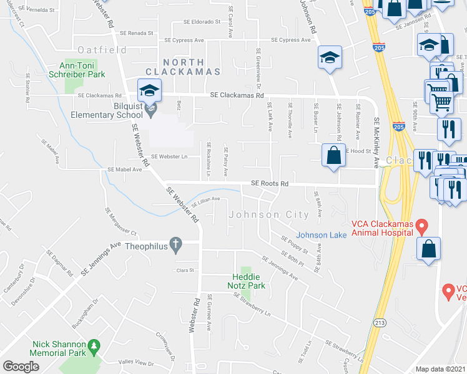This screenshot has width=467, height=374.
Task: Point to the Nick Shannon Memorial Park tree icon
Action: [x=94, y=345]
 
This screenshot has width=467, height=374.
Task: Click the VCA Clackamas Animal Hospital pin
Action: [x=423, y=224]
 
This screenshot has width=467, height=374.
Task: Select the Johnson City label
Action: [x=269, y=215]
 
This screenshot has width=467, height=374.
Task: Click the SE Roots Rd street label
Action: [x=270, y=184]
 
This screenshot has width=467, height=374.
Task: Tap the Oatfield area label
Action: [x=102, y=50]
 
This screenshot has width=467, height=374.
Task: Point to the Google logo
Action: [x=21, y=367]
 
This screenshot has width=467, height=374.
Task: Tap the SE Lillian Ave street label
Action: [x=205, y=201]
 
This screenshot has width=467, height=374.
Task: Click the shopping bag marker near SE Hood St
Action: [x=334, y=155]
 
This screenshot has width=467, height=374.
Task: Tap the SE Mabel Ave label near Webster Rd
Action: [x=125, y=169]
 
